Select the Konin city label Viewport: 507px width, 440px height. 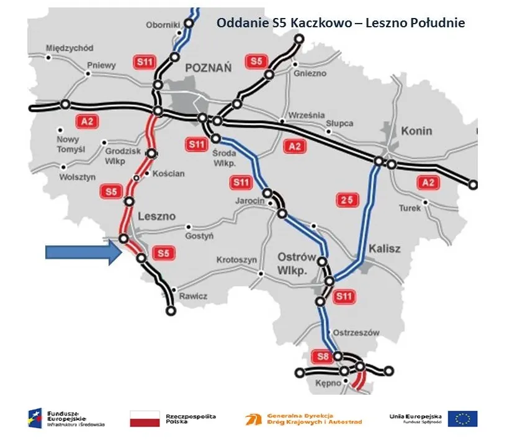416,132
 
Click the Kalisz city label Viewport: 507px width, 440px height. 385,249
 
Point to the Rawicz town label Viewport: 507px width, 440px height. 193,296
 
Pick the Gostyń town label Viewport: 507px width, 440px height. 200,236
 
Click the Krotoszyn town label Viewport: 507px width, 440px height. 236,260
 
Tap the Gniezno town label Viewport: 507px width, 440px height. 311,73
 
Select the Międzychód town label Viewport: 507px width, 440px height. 70,48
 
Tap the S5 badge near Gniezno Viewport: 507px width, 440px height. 256,61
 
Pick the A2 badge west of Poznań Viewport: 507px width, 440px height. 86,121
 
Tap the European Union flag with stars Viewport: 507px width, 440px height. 462,419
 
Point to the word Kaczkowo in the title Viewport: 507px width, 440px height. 300,24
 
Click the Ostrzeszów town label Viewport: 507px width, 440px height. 356,333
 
